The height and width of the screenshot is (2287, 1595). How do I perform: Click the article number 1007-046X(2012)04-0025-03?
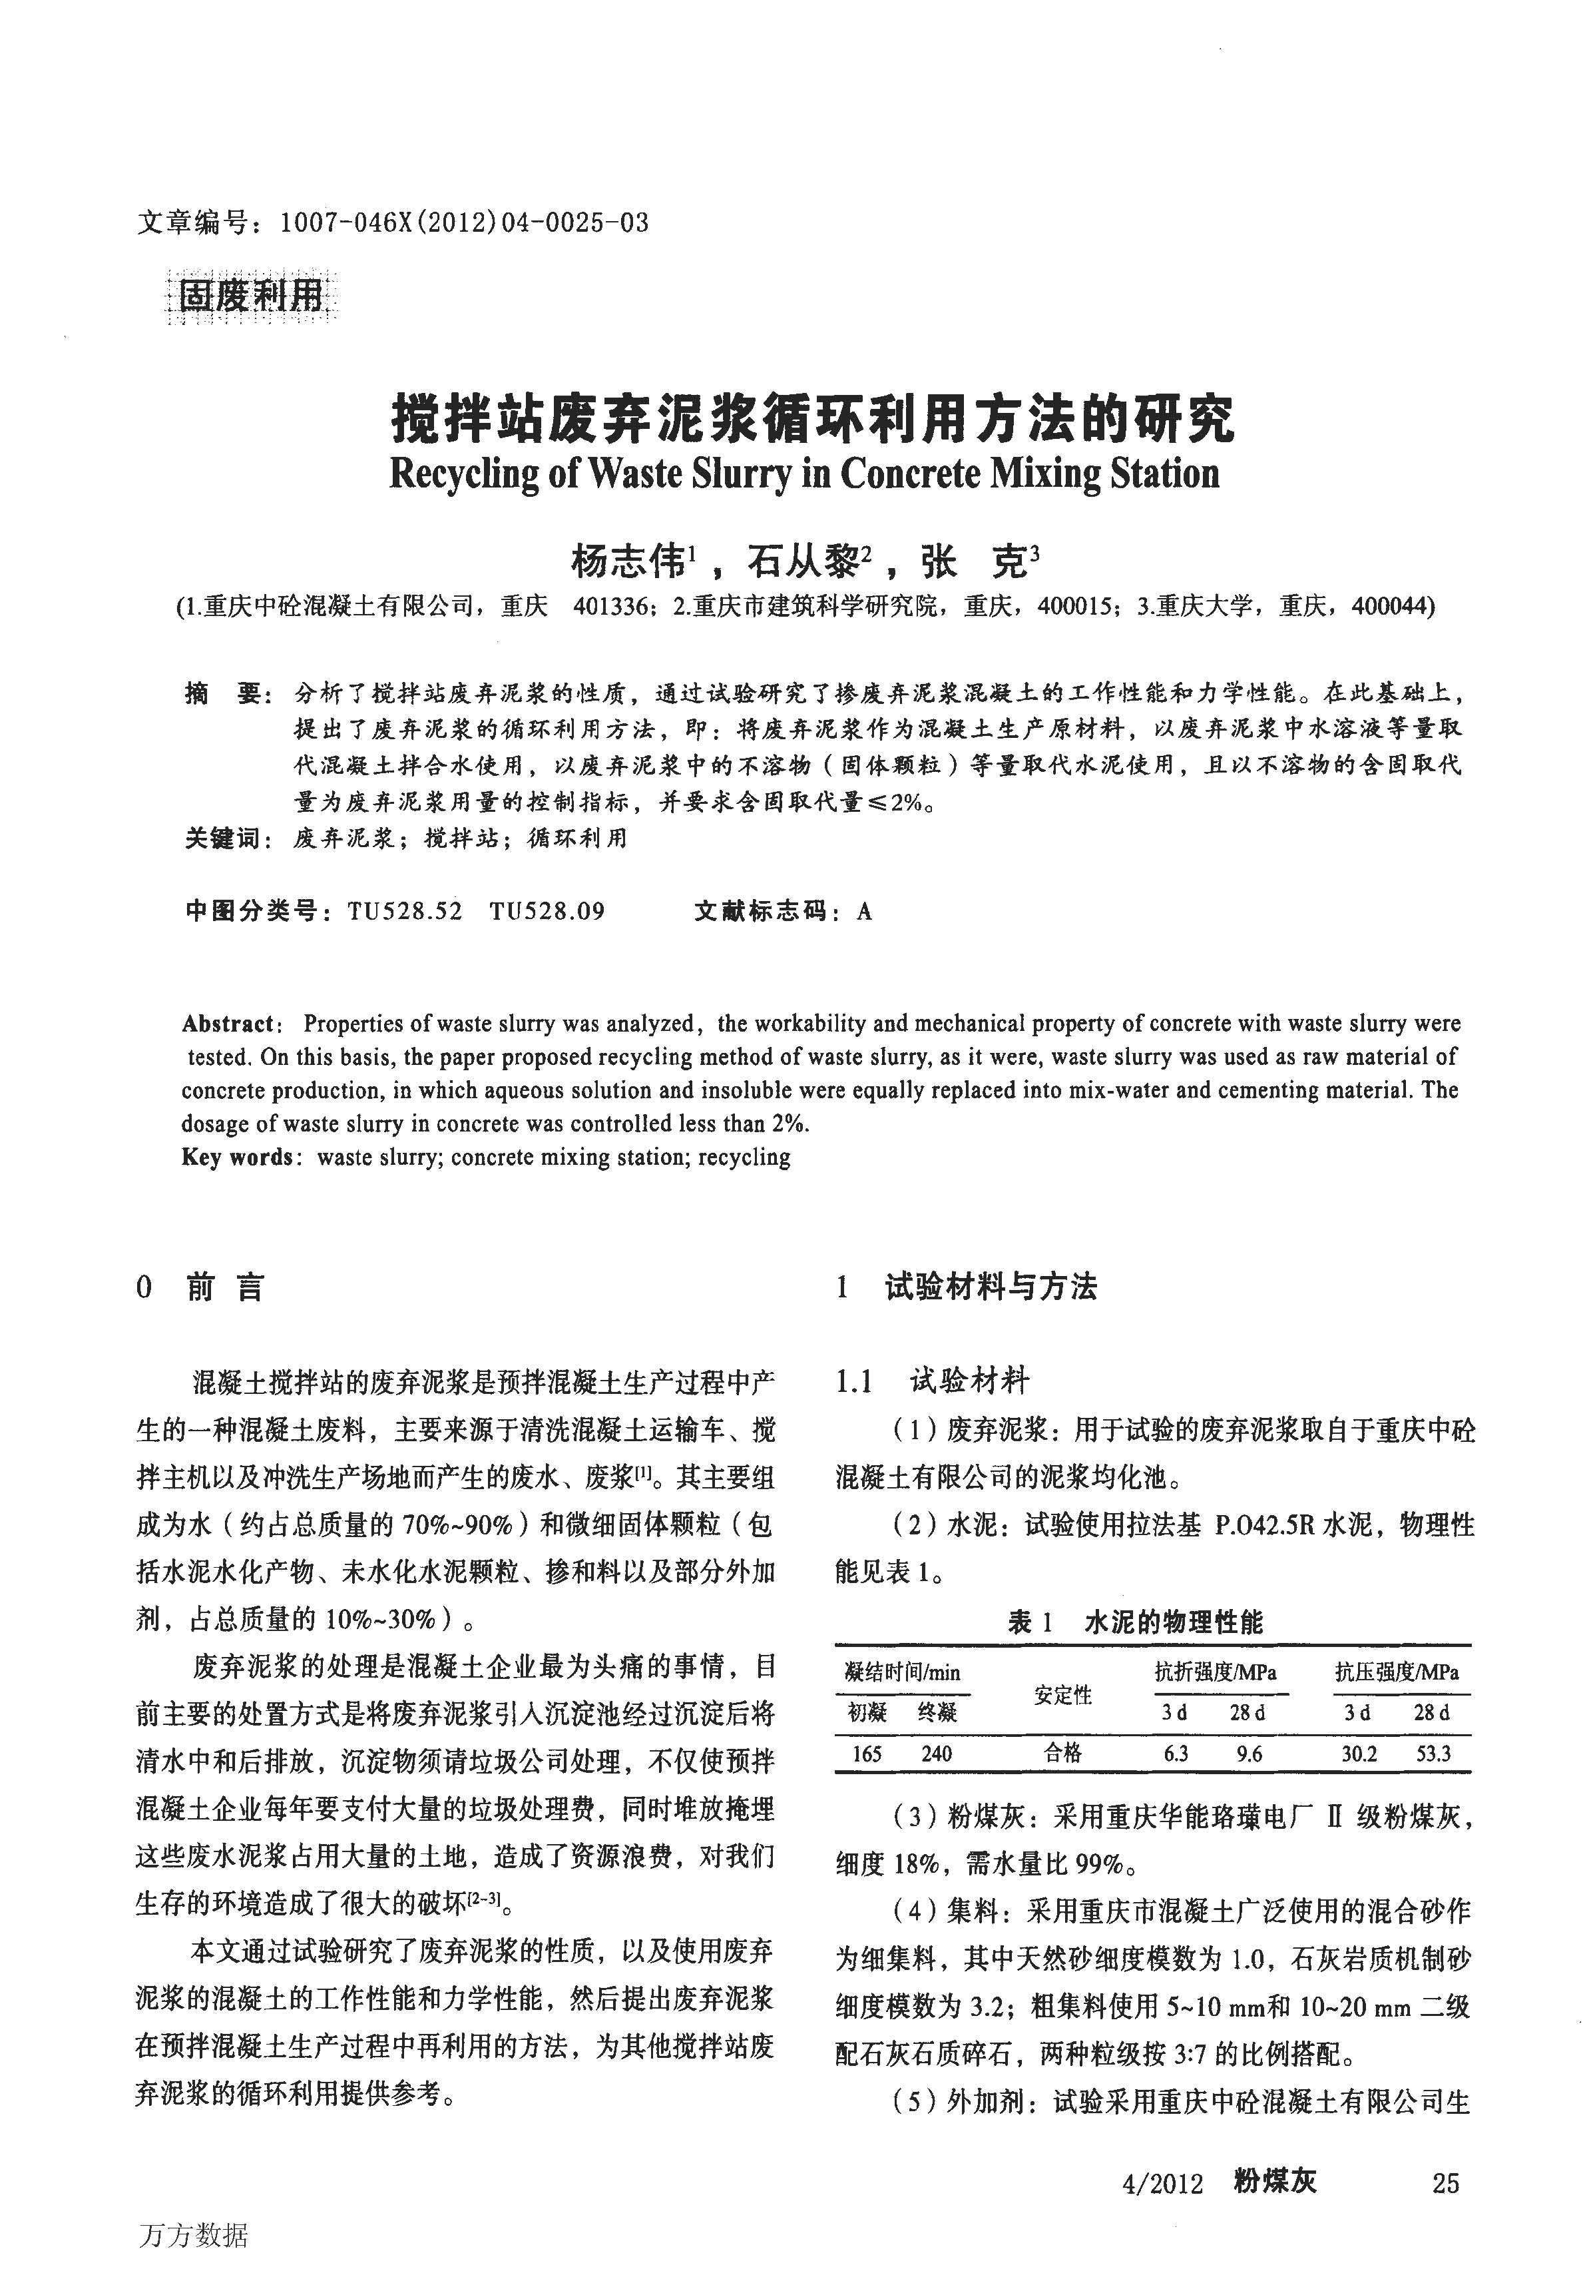464,222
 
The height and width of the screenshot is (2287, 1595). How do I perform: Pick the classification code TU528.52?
405,912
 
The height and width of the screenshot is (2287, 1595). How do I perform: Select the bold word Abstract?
227,1024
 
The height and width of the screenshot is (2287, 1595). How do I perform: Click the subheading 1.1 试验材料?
932,1381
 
